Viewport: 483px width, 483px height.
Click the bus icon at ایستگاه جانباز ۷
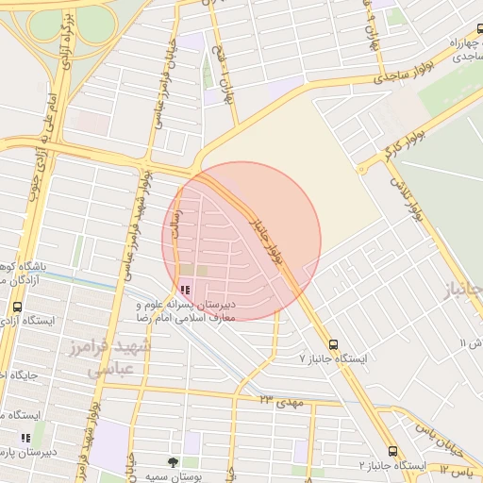(x=333, y=344)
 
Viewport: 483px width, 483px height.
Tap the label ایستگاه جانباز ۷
(x=331, y=359)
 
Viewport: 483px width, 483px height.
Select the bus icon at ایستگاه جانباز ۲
(x=392, y=452)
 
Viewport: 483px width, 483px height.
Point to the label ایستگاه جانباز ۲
(x=392, y=467)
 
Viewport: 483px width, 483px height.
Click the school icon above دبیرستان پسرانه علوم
(x=184, y=290)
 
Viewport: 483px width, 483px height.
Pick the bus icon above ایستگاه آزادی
(x=17, y=307)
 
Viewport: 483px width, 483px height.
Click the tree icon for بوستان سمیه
(x=172, y=462)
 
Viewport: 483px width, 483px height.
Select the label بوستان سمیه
(x=170, y=476)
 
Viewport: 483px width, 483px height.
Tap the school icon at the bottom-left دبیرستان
(x=25, y=438)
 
